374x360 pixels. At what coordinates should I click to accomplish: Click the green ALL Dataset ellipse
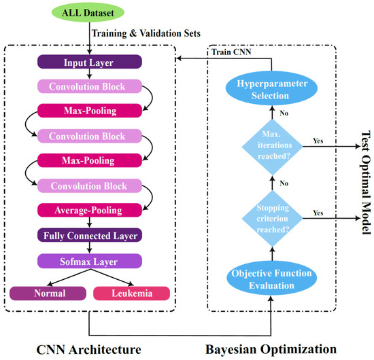coord(89,14)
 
